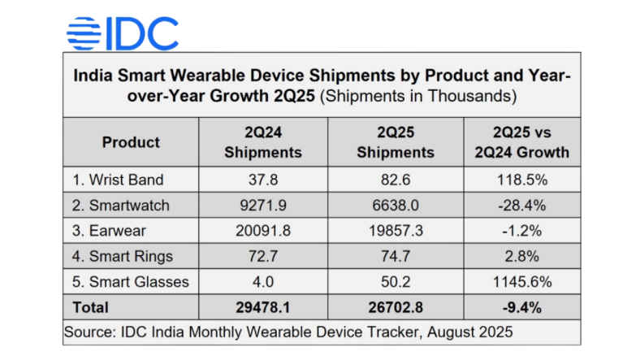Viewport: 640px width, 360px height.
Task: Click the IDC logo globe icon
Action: (x=83, y=33)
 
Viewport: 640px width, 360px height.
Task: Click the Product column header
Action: (x=131, y=142)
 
